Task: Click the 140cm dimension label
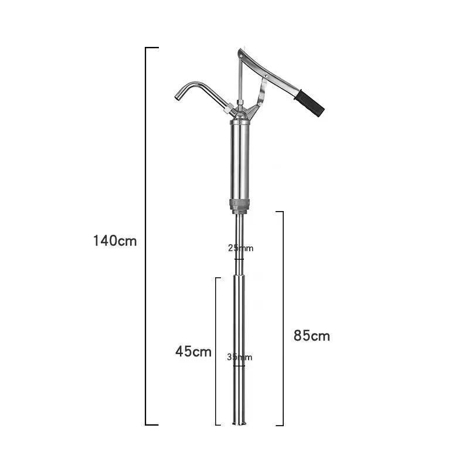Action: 114,240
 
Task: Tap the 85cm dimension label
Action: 311,336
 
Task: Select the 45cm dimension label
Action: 193,352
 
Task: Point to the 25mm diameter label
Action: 240,248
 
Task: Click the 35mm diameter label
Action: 240,357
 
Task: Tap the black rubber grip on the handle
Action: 309,103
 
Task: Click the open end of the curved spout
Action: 177,97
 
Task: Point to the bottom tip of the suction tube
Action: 240,423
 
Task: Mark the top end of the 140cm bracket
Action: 152,47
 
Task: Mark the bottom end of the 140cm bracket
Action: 152,424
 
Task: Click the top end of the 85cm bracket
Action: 280,212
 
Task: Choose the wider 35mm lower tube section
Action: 240,328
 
